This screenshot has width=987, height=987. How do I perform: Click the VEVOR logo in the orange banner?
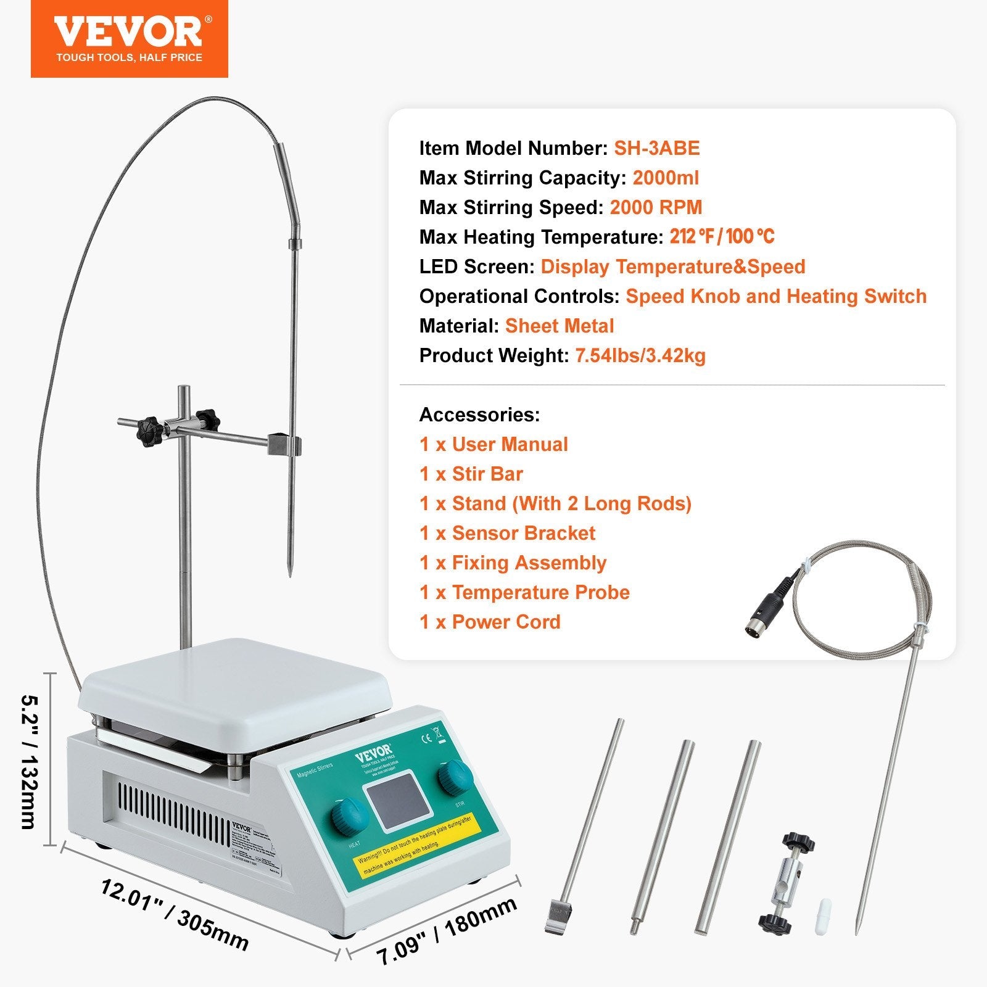click(128, 32)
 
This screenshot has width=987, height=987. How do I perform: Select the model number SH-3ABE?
click(656, 148)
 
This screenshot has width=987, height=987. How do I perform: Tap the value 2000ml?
click(666, 178)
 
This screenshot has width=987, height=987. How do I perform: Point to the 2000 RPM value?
click(656, 207)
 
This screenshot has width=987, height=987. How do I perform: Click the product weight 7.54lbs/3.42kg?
click(640, 355)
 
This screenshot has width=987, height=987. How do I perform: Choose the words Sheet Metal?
click(560, 326)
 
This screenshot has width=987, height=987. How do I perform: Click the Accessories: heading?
click(479, 415)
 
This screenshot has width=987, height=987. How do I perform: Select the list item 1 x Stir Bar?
click(471, 474)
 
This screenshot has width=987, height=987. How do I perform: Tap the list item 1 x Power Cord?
click(490, 622)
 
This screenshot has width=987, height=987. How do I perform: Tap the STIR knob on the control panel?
click(456, 777)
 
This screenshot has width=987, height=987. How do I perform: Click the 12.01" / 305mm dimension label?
click(175, 915)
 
